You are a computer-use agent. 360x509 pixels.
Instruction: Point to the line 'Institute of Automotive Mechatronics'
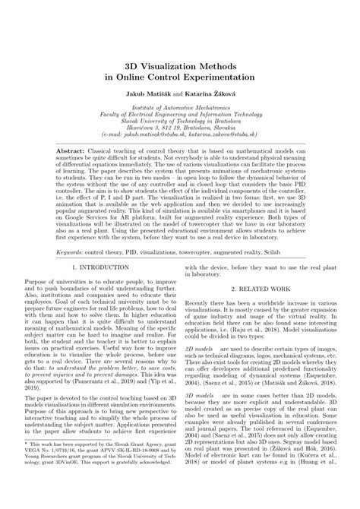pos(179,110)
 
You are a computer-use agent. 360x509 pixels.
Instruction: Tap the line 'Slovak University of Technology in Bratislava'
pos(179,124)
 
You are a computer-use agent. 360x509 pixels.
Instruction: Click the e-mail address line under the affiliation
pos(179,138)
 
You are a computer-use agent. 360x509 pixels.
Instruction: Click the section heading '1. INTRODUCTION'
pos(103,268)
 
